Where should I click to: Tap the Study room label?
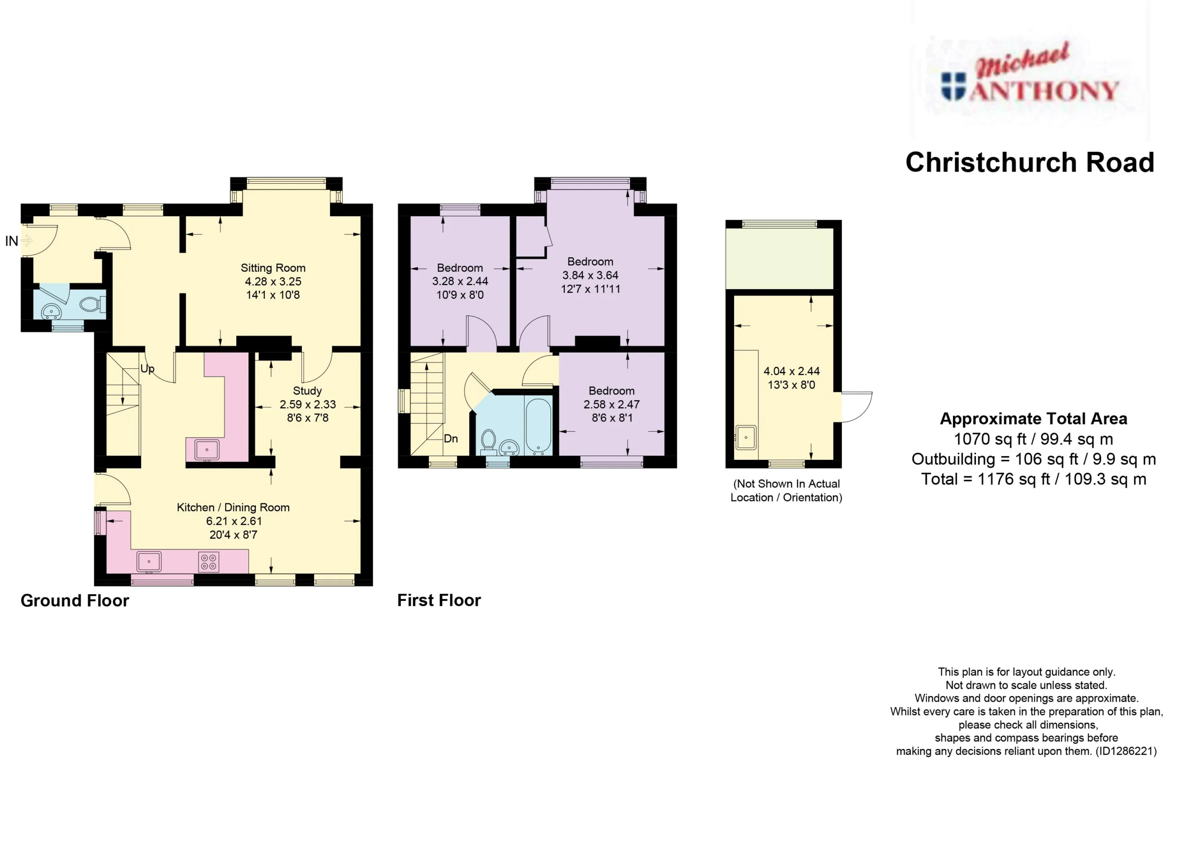tap(307, 391)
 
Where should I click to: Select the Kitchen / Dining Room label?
tap(233, 508)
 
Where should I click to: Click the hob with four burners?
tap(209, 562)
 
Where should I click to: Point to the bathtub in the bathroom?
tap(538, 426)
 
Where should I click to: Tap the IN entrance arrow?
tap(27, 240)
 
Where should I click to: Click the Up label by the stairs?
tap(148, 369)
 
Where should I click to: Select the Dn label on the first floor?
tap(450, 439)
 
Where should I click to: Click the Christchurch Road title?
tap(1030, 162)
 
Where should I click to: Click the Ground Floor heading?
tap(75, 600)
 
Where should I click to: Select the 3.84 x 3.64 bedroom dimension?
tap(590, 275)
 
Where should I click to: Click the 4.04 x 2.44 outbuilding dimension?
tap(791, 371)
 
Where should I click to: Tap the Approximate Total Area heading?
tap(1034, 419)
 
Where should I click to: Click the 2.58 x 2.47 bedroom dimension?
tap(612, 404)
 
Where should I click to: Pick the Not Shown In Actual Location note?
tap(786, 491)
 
